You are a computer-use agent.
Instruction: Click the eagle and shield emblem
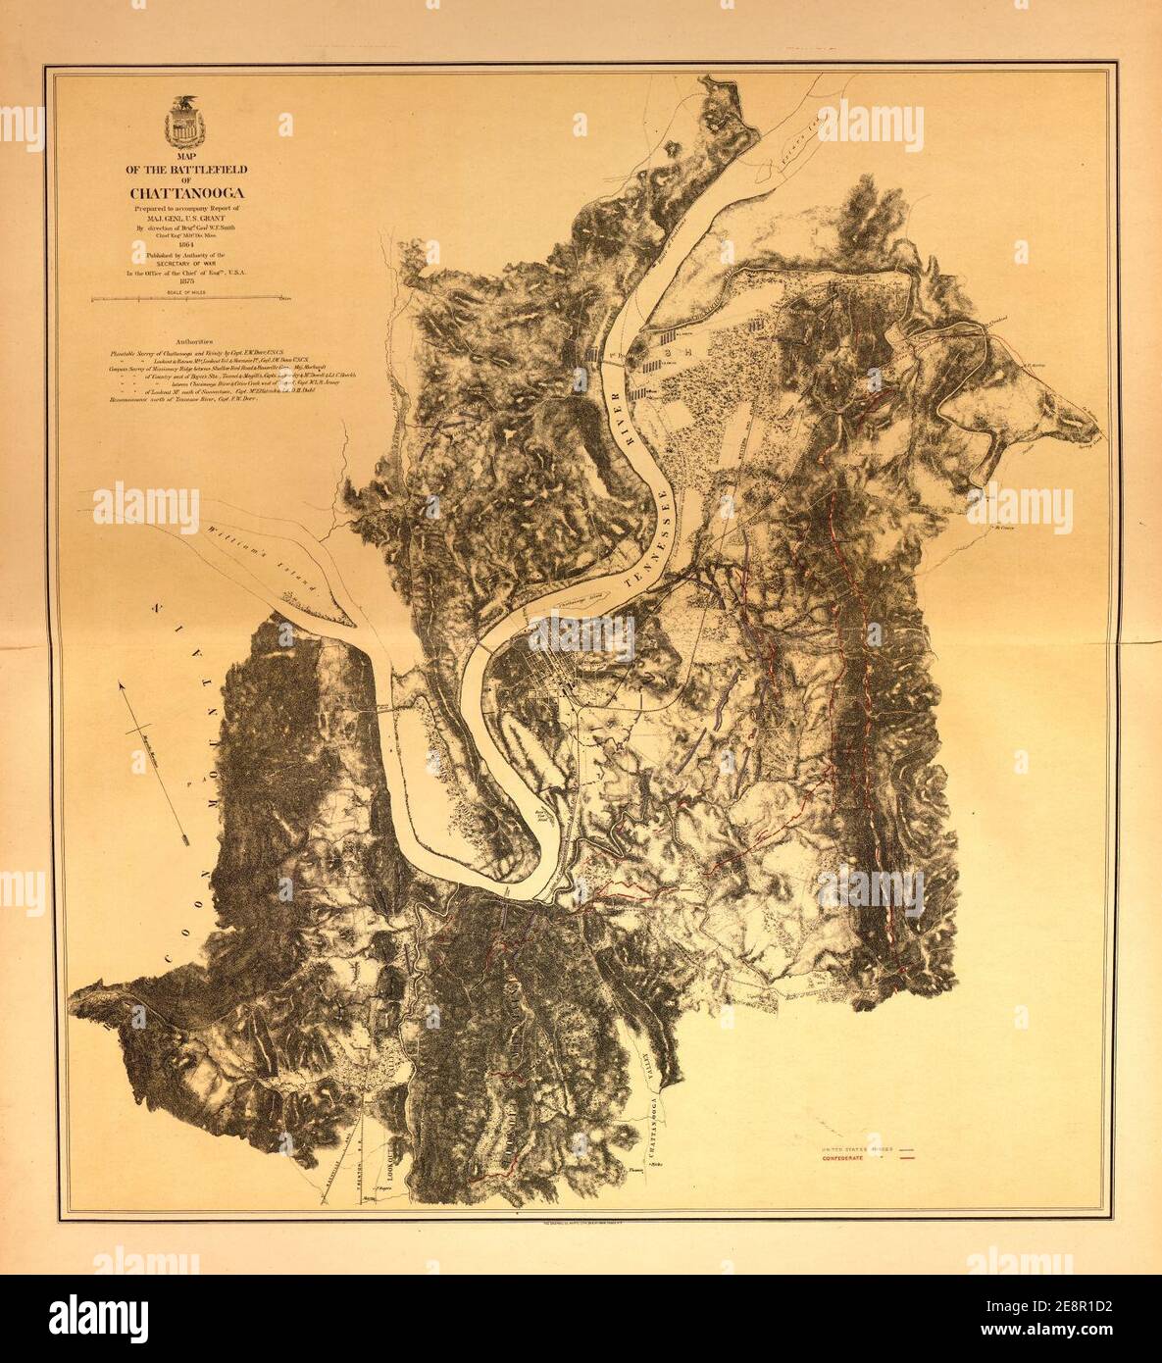[180, 122]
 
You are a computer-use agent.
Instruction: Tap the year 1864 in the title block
[180, 244]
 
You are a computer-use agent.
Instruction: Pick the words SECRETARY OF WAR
[180, 264]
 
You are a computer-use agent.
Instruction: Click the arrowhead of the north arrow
[123, 686]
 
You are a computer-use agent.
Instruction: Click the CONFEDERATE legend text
[849, 1157]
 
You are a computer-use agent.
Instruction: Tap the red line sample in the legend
[907, 1157]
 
